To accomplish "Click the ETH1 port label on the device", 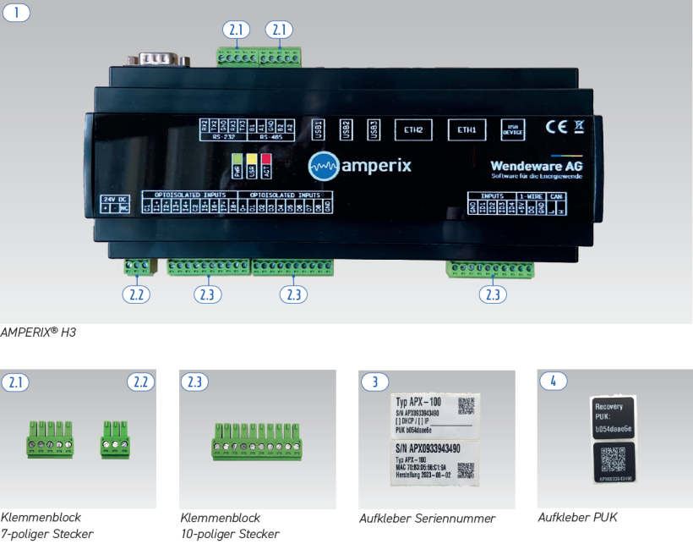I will [x=467, y=129].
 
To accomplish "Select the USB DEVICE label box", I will [x=513, y=129].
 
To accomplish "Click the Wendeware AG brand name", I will [x=536, y=166].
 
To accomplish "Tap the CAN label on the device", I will [x=555, y=196].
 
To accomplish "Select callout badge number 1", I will [x=17, y=13].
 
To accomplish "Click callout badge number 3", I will [x=374, y=382].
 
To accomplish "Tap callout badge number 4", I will [x=553, y=382].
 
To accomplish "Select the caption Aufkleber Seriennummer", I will [x=427, y=518].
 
